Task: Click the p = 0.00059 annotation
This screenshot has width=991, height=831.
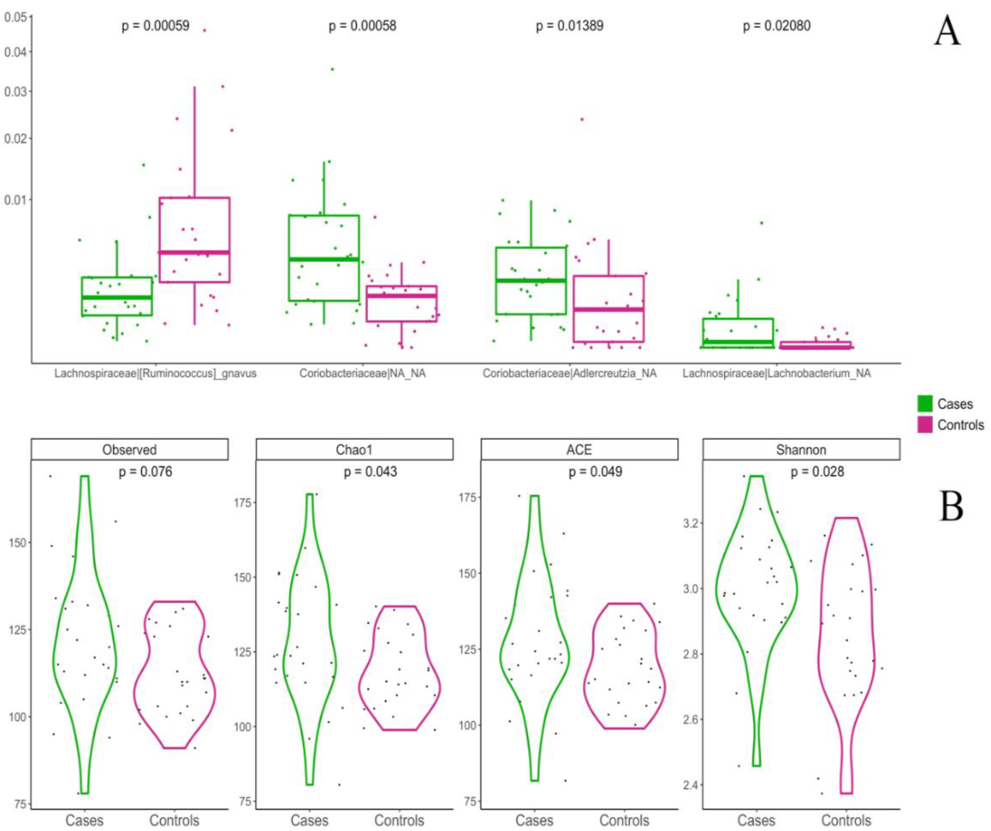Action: coord(155,26)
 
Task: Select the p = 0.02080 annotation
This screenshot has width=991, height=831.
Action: coord(776,26)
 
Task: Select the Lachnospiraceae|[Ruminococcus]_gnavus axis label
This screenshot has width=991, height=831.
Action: coord(155,374)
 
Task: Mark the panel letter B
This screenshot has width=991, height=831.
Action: coord(951,506)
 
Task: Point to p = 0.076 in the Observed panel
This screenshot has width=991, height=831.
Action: coord(145,472)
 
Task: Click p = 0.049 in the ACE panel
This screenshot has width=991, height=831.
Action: coord(595,472)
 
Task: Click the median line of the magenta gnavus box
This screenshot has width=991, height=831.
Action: coord(194,252)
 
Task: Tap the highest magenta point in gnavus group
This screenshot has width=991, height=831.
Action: coord(204,30)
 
